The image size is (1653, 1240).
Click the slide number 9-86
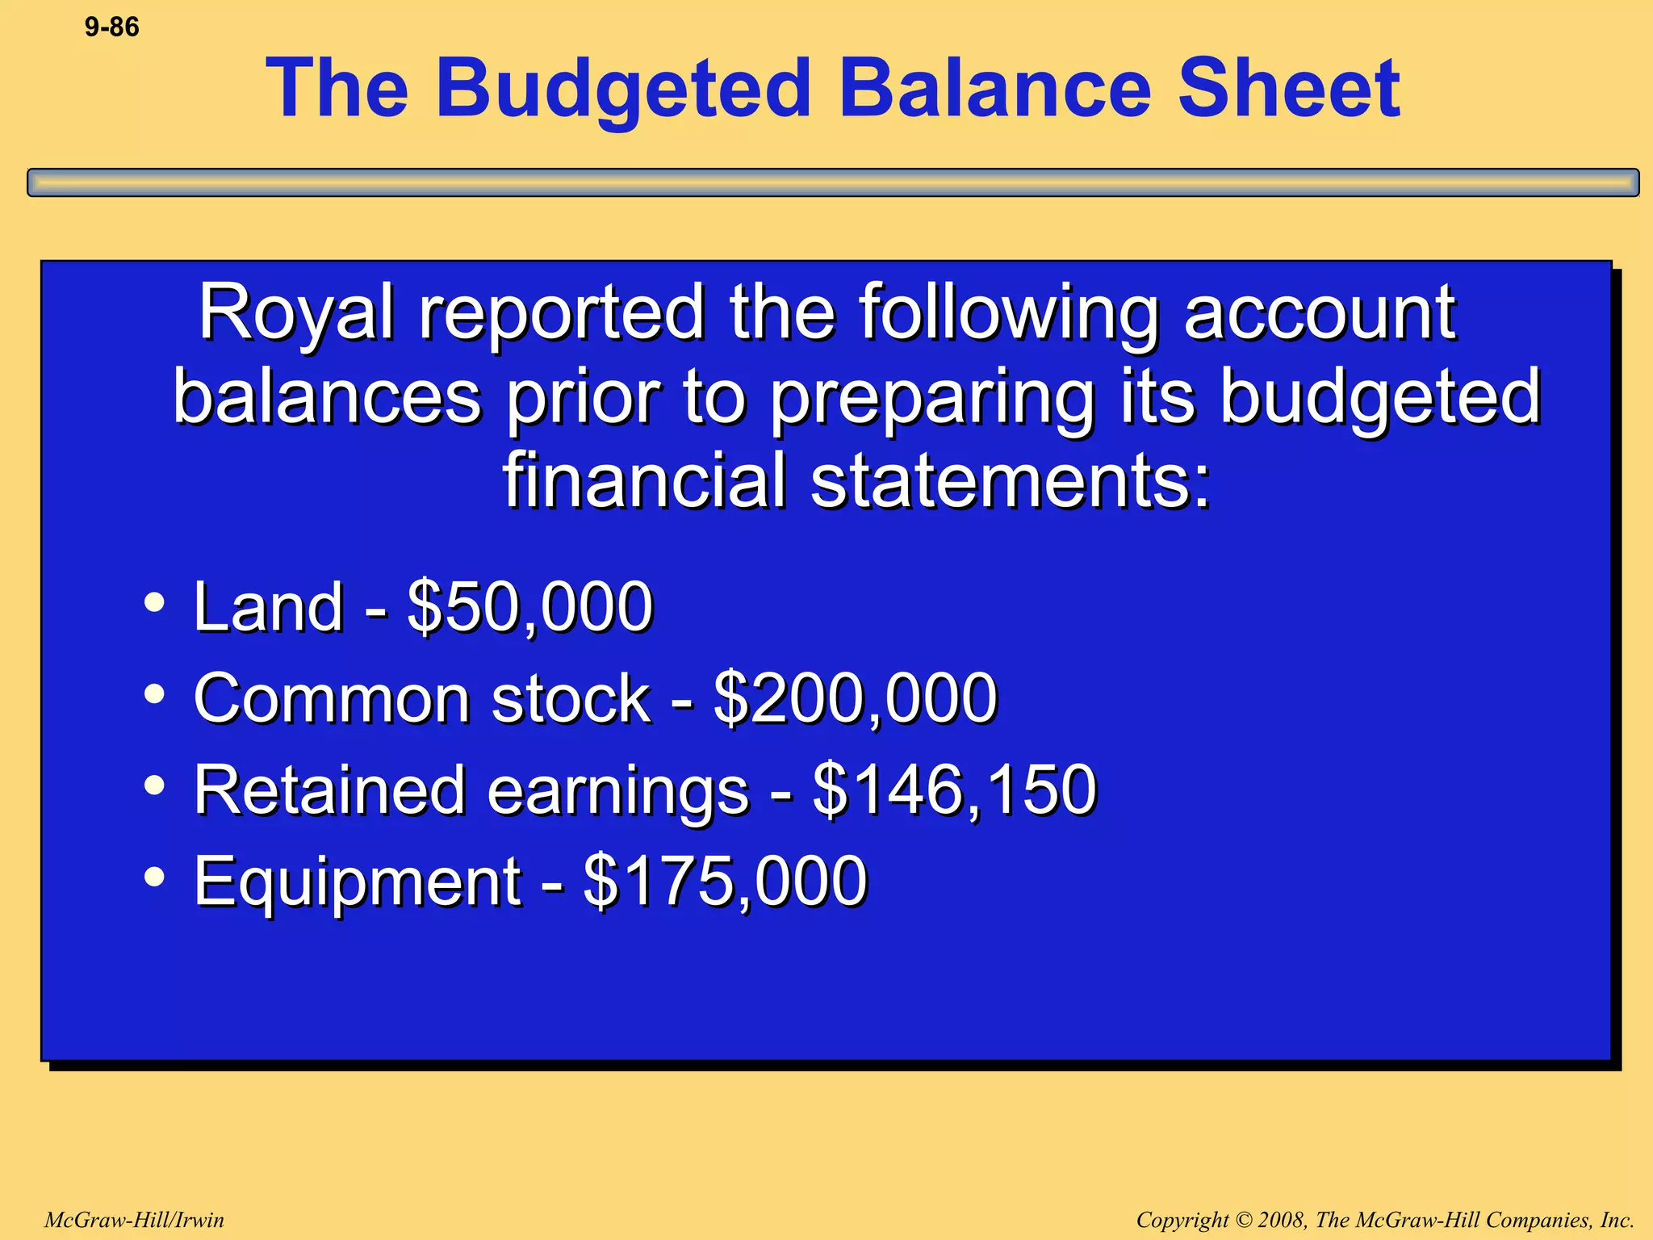pos(111,27)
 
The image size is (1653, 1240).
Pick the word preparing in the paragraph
pos(931,397)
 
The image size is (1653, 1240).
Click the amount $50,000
pos(529,606)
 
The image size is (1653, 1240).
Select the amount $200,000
pos(856,697)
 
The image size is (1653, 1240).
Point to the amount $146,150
pos(954,789)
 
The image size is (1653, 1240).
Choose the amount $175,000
pos(725,880)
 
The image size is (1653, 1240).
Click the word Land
pos(268,606)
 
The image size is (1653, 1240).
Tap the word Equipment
pos(357,882)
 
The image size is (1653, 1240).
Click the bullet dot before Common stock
pos(154,693)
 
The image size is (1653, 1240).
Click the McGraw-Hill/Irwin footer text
pos(134,1220)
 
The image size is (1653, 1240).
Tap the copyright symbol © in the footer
pos(1243,1220)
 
